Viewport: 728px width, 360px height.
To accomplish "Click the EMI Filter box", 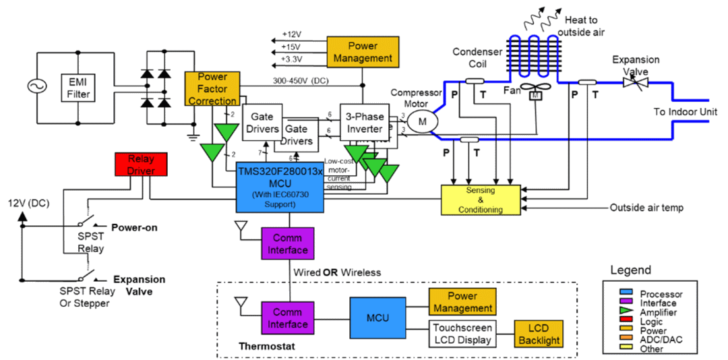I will point(78,86).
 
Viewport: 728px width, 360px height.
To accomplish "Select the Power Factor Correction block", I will point(212,89).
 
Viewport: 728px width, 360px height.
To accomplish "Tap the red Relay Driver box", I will point(140,164).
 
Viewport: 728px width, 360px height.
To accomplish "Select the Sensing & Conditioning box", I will point(481,198).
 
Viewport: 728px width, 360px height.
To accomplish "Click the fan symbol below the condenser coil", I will point(535,93).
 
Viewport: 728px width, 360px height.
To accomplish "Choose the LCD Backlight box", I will point(539,334).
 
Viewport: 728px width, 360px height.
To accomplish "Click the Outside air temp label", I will point(646,208).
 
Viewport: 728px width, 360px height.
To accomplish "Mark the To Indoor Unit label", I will point(685,112).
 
